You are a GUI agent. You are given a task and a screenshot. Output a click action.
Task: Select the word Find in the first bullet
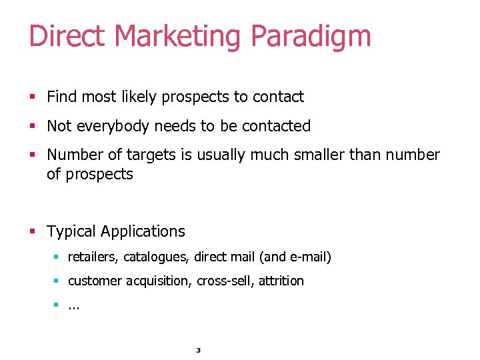coord(62,97)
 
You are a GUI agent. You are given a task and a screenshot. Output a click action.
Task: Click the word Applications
coord(143,232)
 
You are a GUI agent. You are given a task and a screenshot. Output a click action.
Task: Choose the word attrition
coord(281,281)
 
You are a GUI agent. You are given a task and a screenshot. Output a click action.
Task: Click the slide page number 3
coord(199,351)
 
